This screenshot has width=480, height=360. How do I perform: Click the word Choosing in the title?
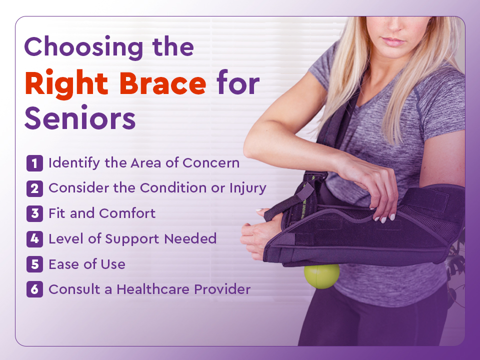click(x=83, y=47)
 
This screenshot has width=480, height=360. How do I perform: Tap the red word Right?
click(x=66, y=84)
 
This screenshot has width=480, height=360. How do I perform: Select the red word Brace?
click(x=162, y=83)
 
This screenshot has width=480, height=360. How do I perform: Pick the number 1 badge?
click(x=34, y=163)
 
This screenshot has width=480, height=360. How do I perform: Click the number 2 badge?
click(x=34, y=188)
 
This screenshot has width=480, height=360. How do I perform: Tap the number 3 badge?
click(x=34, y=213)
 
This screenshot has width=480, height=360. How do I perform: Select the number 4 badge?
click(x=34, y=239)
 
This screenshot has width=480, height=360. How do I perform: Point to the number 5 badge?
click(x=34, y=264)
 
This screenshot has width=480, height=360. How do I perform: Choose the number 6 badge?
click(x=34, y=289)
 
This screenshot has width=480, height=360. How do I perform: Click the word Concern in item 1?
click(x=211, y=163)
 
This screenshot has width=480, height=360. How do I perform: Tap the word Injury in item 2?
click(x=248, y=188)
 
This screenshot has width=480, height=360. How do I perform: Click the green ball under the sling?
click(x=321, y=276)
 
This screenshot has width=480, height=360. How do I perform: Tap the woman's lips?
click(x=393, y=41)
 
